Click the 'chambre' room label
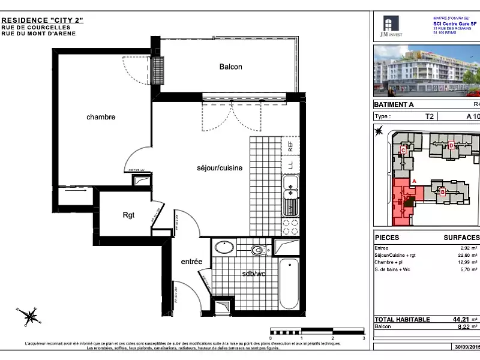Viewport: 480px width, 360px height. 100,117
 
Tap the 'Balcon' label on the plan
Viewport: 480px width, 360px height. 230,67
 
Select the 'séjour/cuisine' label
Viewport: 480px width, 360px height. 220,168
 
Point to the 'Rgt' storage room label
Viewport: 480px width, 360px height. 128,215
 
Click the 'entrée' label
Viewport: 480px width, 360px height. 191,262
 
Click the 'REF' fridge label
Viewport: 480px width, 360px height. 290,145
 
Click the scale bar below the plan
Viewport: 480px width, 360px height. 317,331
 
